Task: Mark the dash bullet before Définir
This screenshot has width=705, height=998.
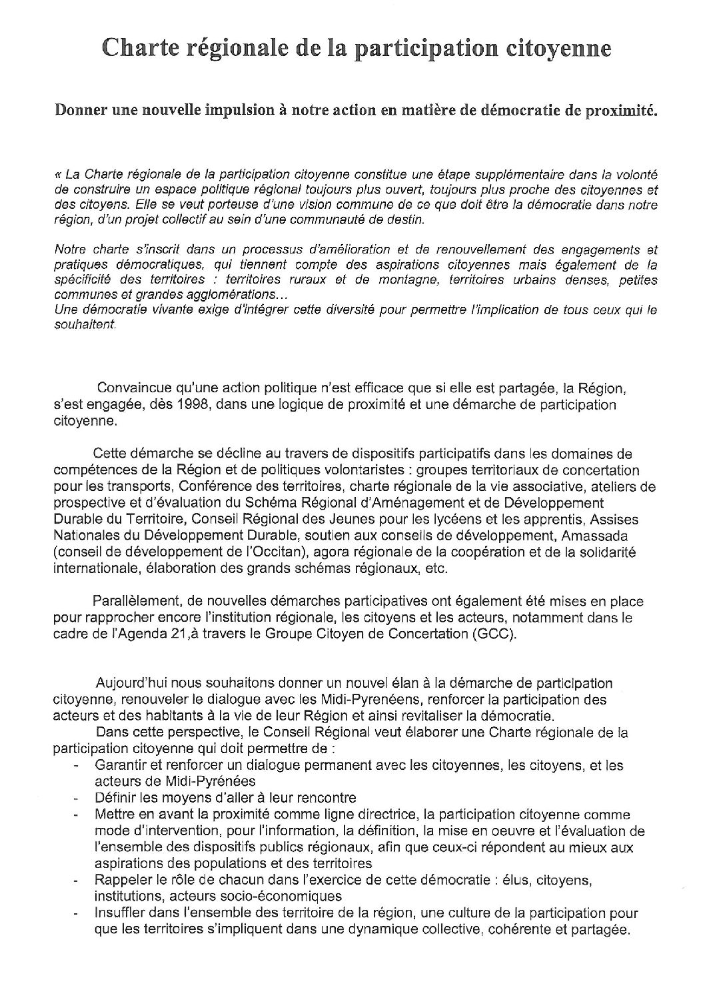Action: click(x=77, y=799)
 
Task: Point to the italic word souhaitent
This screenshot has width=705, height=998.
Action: click(x=84, y=325)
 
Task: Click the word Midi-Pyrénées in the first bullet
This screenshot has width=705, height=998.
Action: click(x=175, y=782)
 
